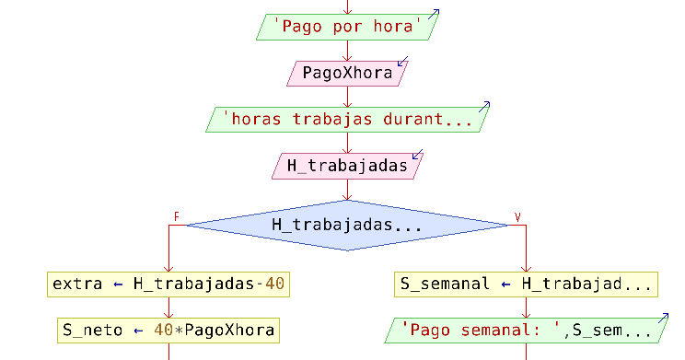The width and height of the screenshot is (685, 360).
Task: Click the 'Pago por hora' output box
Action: coord(346,28)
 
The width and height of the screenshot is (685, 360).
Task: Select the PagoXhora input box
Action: coord(346,73)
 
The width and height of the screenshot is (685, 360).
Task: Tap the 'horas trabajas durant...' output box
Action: coord(346,119)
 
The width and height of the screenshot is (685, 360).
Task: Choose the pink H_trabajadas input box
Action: coord(346,166)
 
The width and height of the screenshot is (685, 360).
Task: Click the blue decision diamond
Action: coord(346,225)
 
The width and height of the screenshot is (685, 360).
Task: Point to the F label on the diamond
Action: coord(175,217)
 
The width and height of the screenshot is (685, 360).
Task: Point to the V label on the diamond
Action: coord(517,217)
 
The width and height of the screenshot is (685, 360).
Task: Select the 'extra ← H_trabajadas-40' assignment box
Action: coord(168,285)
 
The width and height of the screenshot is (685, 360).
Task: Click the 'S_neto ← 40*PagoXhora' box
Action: coord(168,330)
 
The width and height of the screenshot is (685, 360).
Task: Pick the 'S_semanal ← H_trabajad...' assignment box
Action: coord(526,285)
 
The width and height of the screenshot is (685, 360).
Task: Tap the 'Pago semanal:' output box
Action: coord(526,330)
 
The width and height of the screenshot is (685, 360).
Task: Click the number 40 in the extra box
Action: coord(274,285)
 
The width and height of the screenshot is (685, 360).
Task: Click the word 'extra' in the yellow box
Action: coord(77,285)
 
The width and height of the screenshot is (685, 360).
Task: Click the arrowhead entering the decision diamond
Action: coord(346,196)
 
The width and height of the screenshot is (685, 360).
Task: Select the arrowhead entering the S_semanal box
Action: coord(526,268)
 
